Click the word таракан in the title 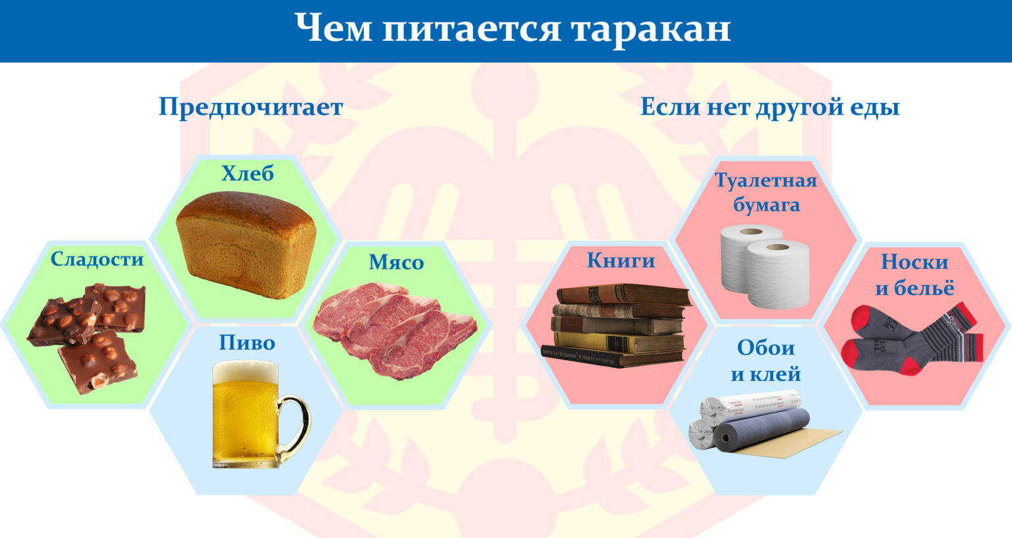tap(650, 29)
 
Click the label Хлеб tap(248, 173)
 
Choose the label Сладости tap(97, 260)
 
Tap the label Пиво tap(247, 343)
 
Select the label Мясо tap(396, 262)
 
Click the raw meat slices tap(395, 330)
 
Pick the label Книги tap(621, 261)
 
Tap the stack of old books tap(617, 326)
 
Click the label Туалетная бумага tap(766, 193)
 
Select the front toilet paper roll tap(778, 274)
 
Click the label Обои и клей tap(766, 361)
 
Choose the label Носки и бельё tap(914, 275)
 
